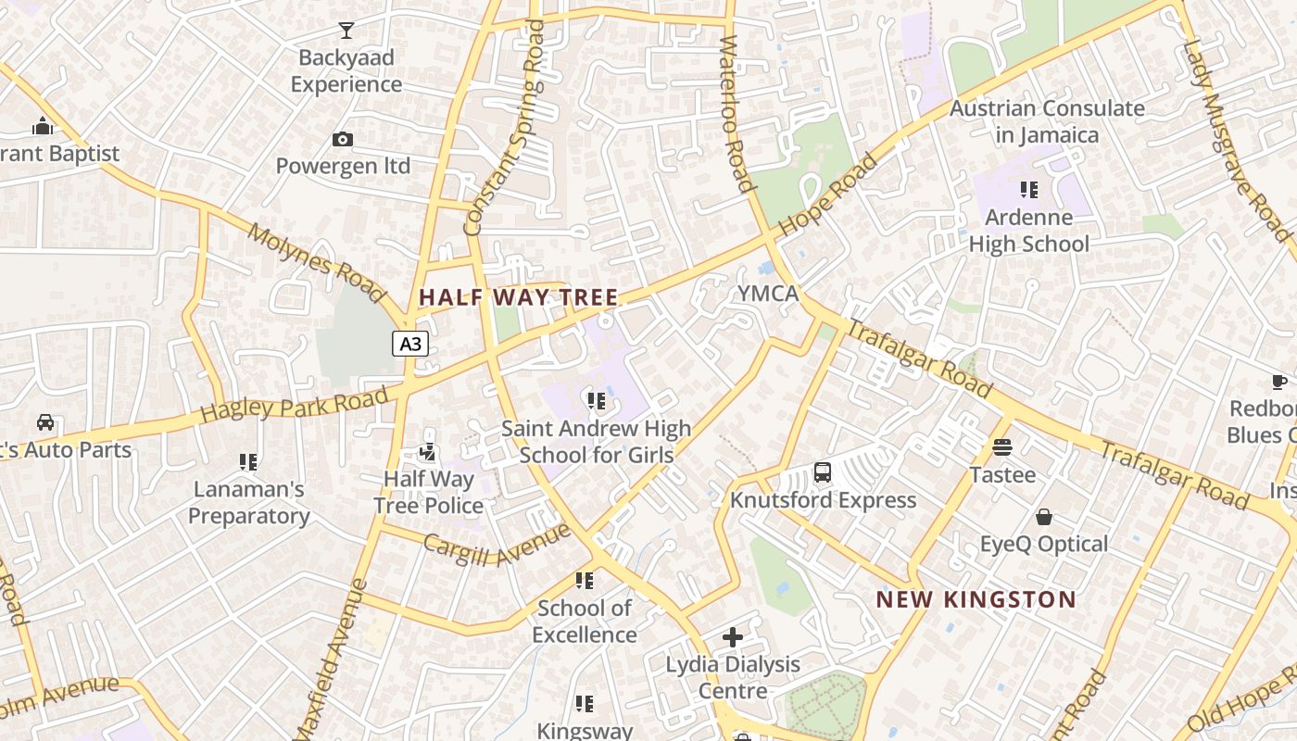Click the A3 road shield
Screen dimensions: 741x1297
point(409,345)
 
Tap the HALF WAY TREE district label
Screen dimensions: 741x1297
point(518,297)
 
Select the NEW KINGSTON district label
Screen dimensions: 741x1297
point(976,599)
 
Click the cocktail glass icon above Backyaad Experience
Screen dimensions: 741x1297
point(346,31)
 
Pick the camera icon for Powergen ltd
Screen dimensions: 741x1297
point(343,140)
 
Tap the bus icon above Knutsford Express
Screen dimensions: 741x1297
point(822,472)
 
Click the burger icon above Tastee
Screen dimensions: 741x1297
point(1001,447)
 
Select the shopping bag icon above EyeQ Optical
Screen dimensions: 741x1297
point(1043,517)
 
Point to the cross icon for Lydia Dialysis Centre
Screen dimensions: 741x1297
point(733,637)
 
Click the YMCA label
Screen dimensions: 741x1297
point(767,294)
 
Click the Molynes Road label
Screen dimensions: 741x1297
point(315,262)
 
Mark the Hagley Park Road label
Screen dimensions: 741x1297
point(294,405)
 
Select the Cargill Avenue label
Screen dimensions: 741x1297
point(497,546)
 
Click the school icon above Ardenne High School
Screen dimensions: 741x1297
point(1028,190)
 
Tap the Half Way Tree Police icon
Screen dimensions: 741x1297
point(428,452)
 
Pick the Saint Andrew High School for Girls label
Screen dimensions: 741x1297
point(596,442)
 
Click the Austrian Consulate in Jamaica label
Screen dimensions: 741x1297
point(1047,121)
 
